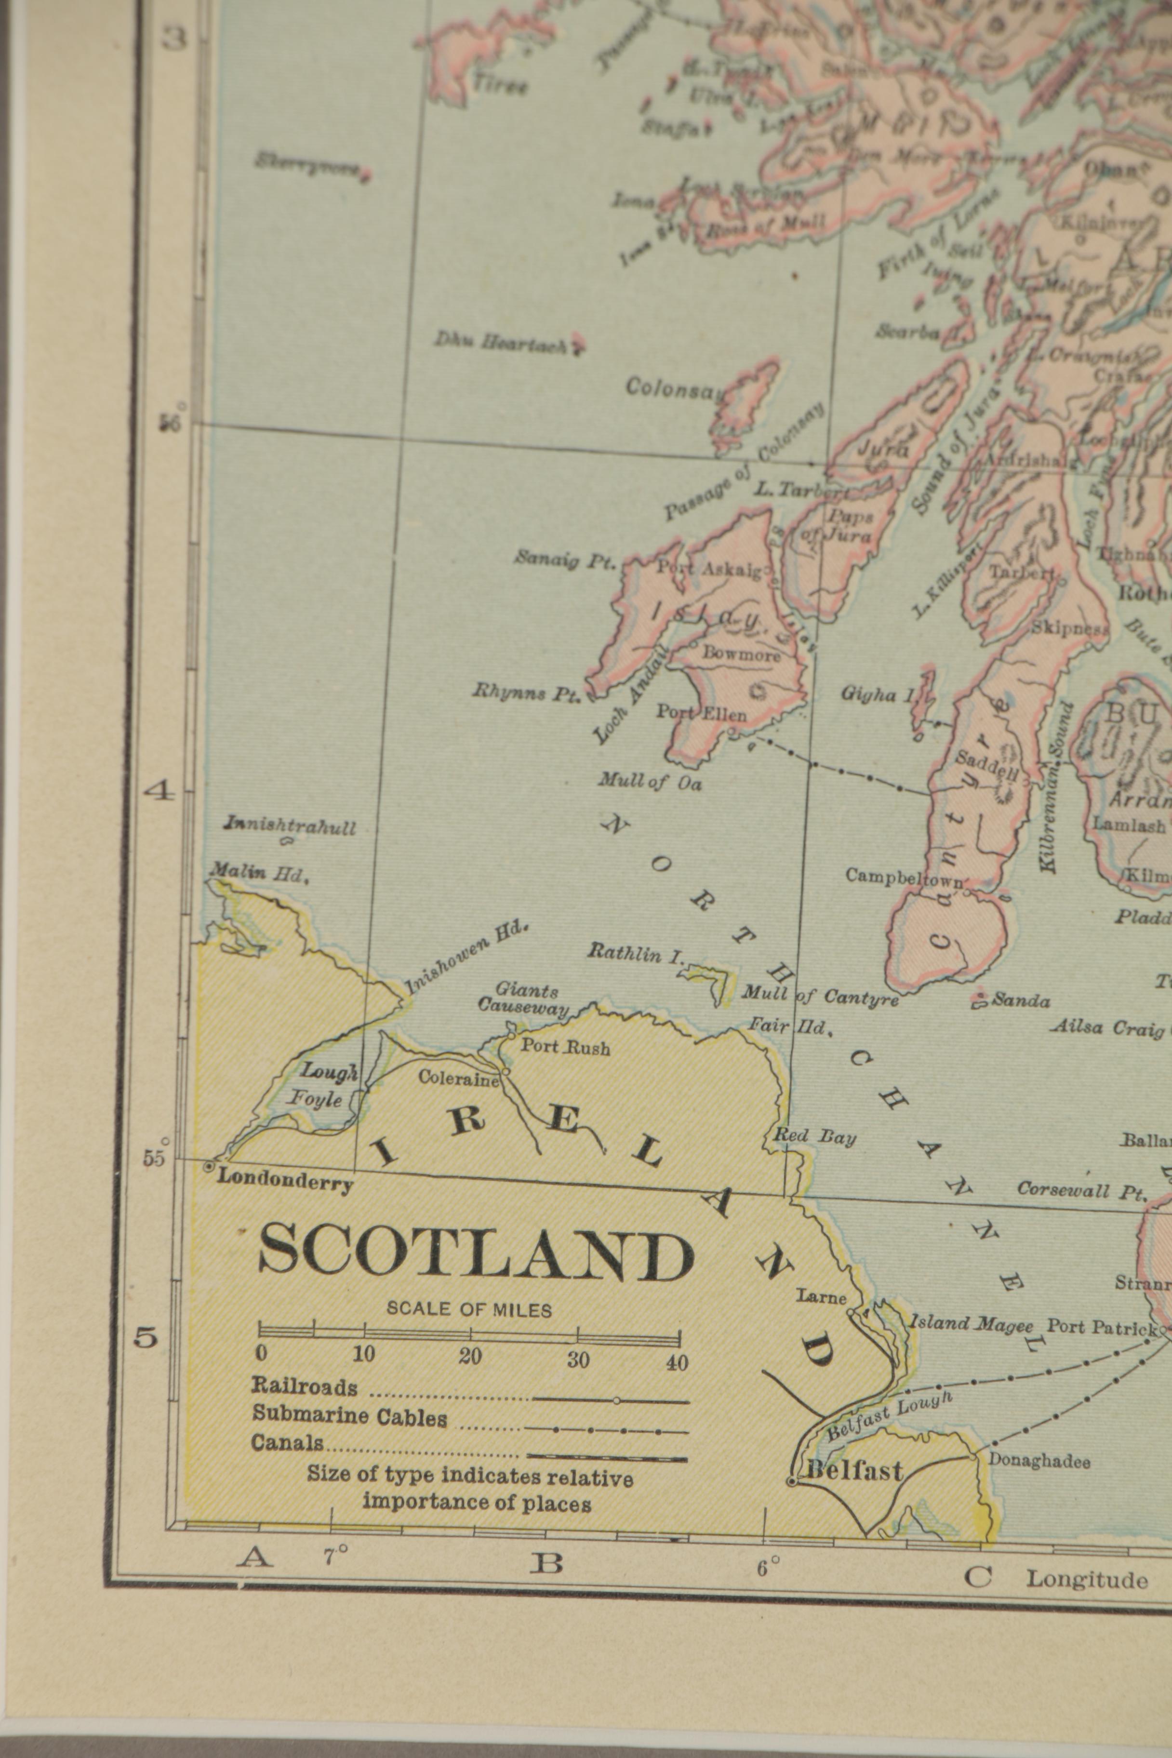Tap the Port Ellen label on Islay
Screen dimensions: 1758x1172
point(701,712)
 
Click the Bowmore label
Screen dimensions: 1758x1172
point(741,653)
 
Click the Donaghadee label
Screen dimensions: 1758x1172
point(1039,1461)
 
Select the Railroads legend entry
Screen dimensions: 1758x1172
point(304,1366)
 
